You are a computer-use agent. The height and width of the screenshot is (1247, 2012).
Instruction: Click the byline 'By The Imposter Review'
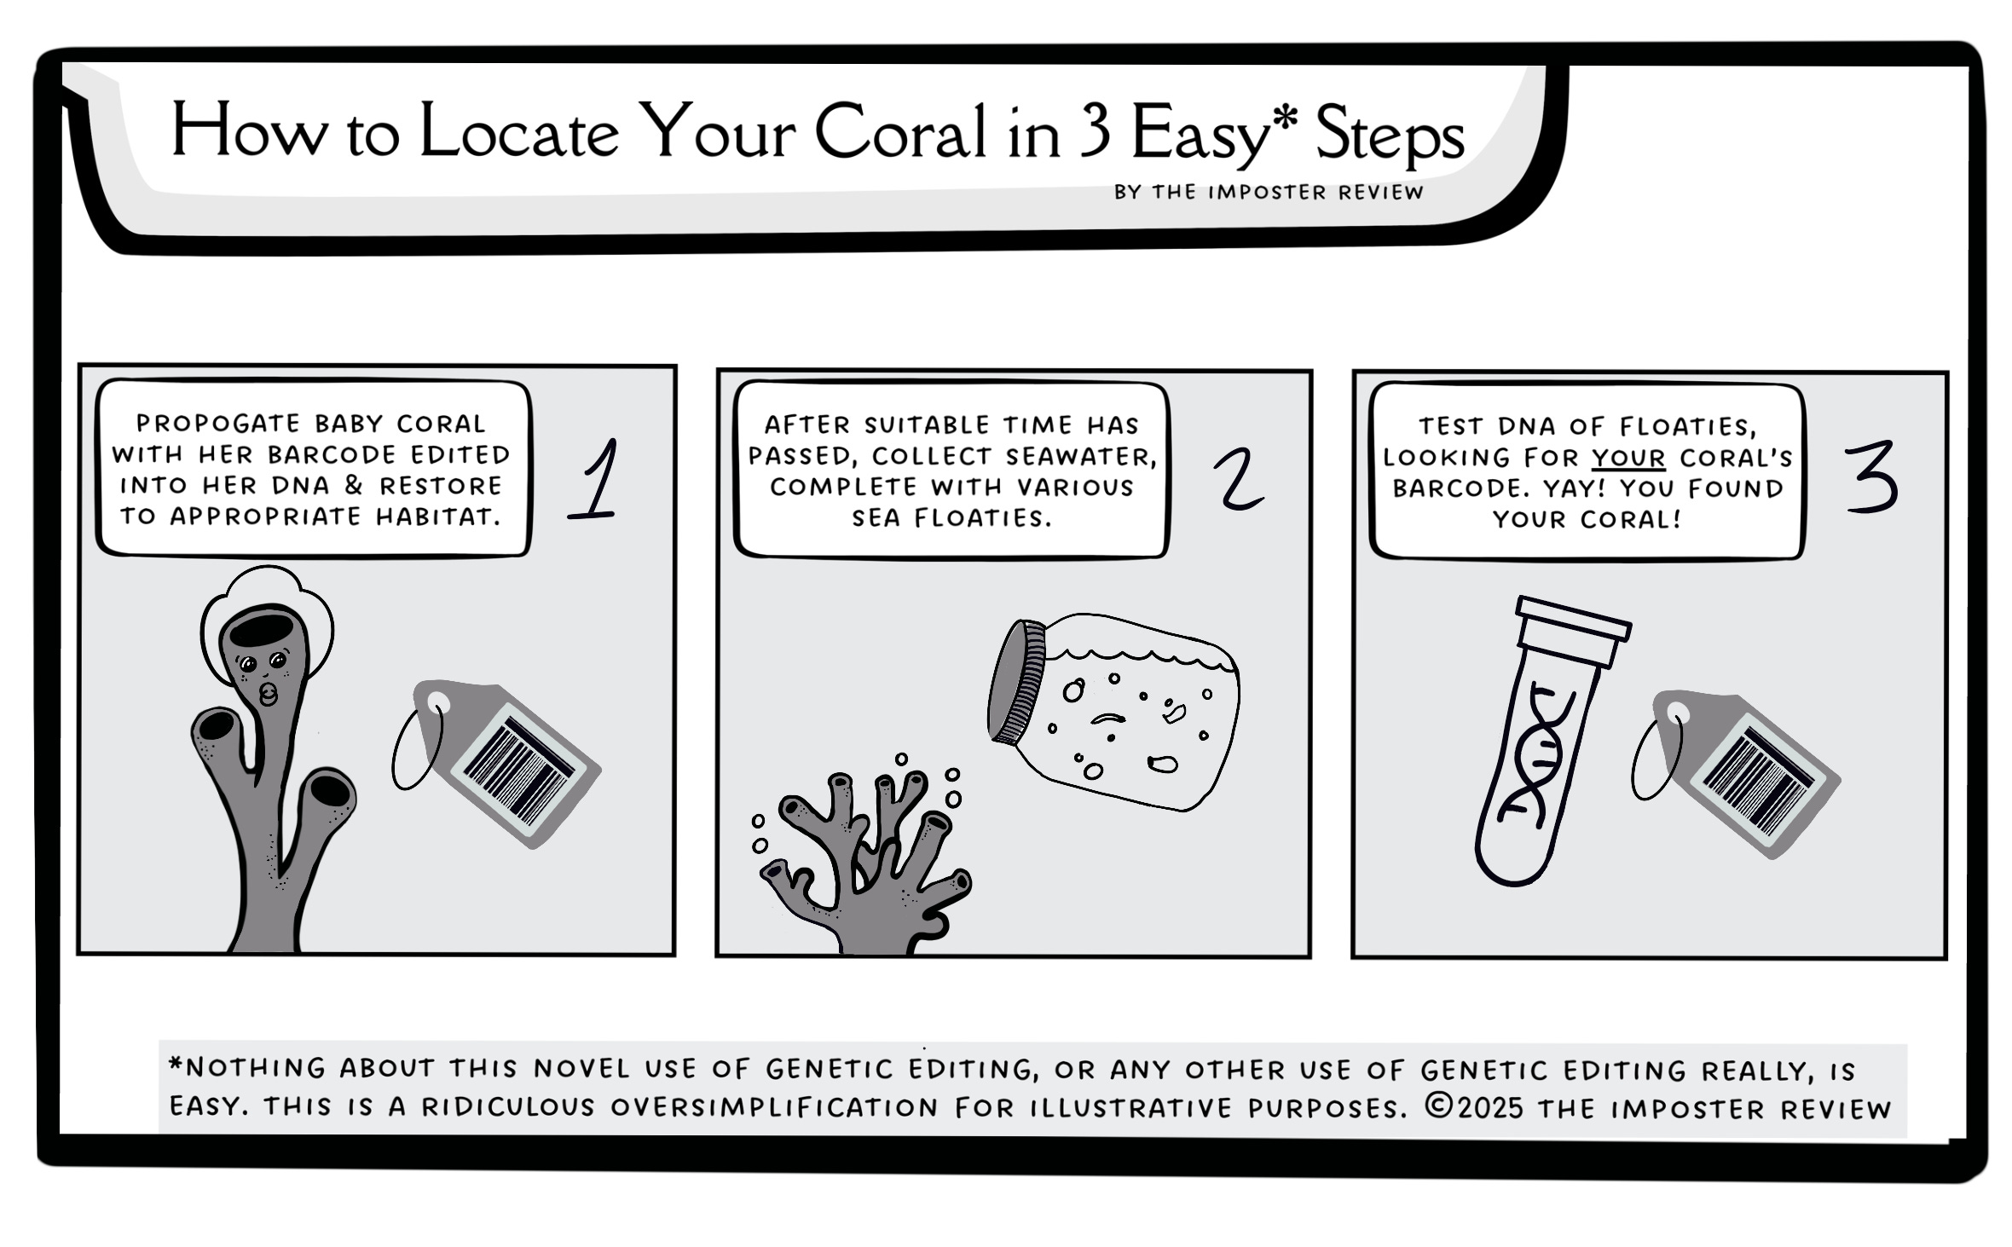point(1269,192)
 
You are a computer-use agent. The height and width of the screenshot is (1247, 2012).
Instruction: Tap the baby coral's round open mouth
point(268,694)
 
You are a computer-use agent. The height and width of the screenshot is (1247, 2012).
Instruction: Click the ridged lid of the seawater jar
point(1016,683)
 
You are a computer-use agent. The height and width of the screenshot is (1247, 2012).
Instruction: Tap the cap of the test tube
point(1572,631)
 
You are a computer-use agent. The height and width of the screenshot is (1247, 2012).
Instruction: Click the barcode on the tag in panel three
point(1759,782)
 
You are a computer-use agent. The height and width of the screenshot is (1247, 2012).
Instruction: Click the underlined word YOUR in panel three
point(1628,458)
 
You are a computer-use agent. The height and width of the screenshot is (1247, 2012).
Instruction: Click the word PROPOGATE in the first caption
point(218,424)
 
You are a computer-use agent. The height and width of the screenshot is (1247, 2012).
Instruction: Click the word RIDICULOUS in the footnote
point(508,1106)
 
